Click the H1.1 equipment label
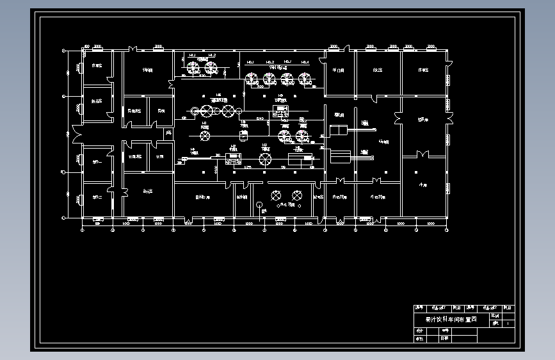[x=191, y=56]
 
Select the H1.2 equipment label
[x=211, y=56]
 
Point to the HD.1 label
[x=251, y=62]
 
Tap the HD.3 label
[x=287, y=62]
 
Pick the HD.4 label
[x=305, y=62]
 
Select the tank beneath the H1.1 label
[x=191, y=66]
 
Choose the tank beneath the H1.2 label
[x=211, y=66]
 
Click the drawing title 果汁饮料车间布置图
[x=451, y=319]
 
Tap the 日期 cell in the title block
[x=444, y=338]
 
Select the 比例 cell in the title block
[x=495, y=316]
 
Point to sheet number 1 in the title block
[x=508, y=324]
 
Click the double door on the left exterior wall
[x=76, y=136]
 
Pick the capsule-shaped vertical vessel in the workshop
[x=243, y=135]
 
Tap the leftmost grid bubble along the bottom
[x=83, y=229]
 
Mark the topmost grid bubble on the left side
[x=63, y=50]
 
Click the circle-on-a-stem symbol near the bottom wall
[x=259, y=205]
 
